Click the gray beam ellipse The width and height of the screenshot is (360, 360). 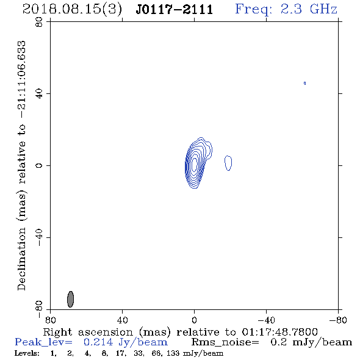click(71, 299)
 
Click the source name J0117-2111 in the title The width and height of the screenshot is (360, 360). click(175, 9)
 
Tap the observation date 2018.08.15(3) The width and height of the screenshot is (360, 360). click(72, 10)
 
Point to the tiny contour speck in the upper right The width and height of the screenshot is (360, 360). click(304, 83)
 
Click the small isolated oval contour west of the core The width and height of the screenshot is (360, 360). click(228, 163)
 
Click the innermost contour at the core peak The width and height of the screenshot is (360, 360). click(195, 164)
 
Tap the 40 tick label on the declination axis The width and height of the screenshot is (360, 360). click(39, 94)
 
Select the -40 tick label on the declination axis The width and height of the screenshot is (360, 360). click(39, 237)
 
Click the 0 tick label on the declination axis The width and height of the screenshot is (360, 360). click(39, 165)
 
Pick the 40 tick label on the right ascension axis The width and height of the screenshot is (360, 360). click(122, 320)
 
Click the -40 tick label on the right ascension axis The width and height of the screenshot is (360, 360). click(266, 320)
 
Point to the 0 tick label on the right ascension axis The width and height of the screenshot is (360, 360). click(194, 320)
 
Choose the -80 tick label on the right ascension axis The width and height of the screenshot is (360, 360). click(338, 320)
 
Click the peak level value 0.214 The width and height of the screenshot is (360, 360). click(98, 342)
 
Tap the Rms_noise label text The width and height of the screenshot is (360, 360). click(225, 342)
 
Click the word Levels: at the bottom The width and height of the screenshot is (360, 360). click(27, 353)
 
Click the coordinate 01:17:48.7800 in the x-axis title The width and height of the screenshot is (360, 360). click(279, 332)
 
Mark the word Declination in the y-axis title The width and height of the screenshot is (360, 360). click(21, 259)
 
